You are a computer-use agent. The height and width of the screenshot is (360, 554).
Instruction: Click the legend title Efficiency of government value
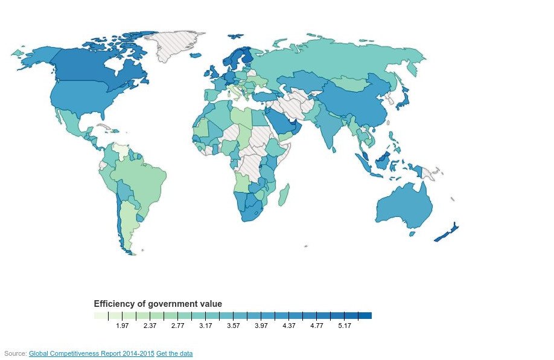click(158, 303)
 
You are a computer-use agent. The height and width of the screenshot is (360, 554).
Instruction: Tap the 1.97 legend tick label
click(123, 326)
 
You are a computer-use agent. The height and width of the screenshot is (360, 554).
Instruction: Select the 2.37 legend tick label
click(150, 326)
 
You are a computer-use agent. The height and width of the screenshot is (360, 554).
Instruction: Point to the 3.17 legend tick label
click(206, 326)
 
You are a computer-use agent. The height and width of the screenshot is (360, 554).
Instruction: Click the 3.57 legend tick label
click(234, 326)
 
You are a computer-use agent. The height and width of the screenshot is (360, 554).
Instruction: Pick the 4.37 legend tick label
click(289, 326)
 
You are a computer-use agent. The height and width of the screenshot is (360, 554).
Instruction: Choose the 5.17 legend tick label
click(345, 326)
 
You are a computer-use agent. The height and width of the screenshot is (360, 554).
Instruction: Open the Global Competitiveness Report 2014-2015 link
click(91, 353)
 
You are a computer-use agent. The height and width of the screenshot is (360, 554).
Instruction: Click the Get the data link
click(174, 353)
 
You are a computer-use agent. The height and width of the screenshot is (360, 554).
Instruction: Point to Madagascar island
click(283, 194)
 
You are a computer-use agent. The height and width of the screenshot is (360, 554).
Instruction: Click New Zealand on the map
click(447, 233)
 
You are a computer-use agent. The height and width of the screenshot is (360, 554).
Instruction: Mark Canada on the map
click(97, 66)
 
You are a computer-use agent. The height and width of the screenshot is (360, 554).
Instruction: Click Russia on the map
click(338, 57)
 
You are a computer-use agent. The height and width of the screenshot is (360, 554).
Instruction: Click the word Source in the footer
click(14, 353)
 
